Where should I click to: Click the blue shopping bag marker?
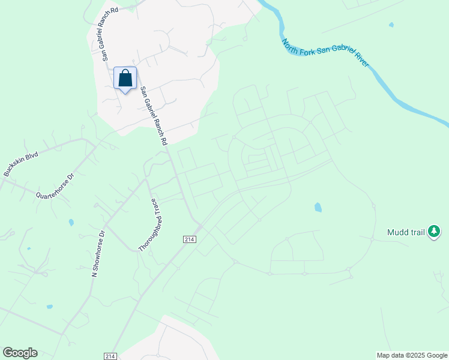[x=125, y=79]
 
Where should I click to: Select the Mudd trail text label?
[x=405, y=232]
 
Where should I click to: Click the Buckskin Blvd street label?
[x=20, y=164]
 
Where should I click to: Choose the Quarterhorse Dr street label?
[x=55, y=187]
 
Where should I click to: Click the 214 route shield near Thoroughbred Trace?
[x=190, y=239]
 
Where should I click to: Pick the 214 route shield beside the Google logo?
[x=110, y=356]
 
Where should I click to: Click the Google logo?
[x=20, y=353]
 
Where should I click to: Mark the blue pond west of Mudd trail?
[x=318, y=208]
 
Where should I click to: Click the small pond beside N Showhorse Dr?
[x=71, y=223]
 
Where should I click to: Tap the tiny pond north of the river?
[x=391, y=25]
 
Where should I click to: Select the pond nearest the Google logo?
[x=50, y=306]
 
